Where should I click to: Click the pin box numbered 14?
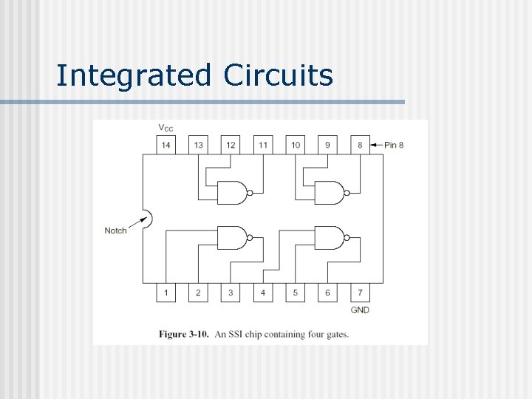(x=166, y=145)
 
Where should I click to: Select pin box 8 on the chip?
(x=360, y=145)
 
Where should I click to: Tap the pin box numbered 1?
(x=166, y=293)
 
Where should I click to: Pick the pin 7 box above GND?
(x=360, y=293)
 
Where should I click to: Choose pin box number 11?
(x=263, y=145)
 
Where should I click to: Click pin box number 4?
(x=263, y=293)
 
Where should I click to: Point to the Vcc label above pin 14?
(x=166, y=128)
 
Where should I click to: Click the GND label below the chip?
(x=360, y=310)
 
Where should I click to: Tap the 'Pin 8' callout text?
(x=394, y=145)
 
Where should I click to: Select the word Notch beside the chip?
(x=115, y=231)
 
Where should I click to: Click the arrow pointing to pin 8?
(x=375, y=145)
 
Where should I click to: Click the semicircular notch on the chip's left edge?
(x=147, y=218)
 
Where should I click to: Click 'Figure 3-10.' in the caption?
(x=184, y=334)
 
